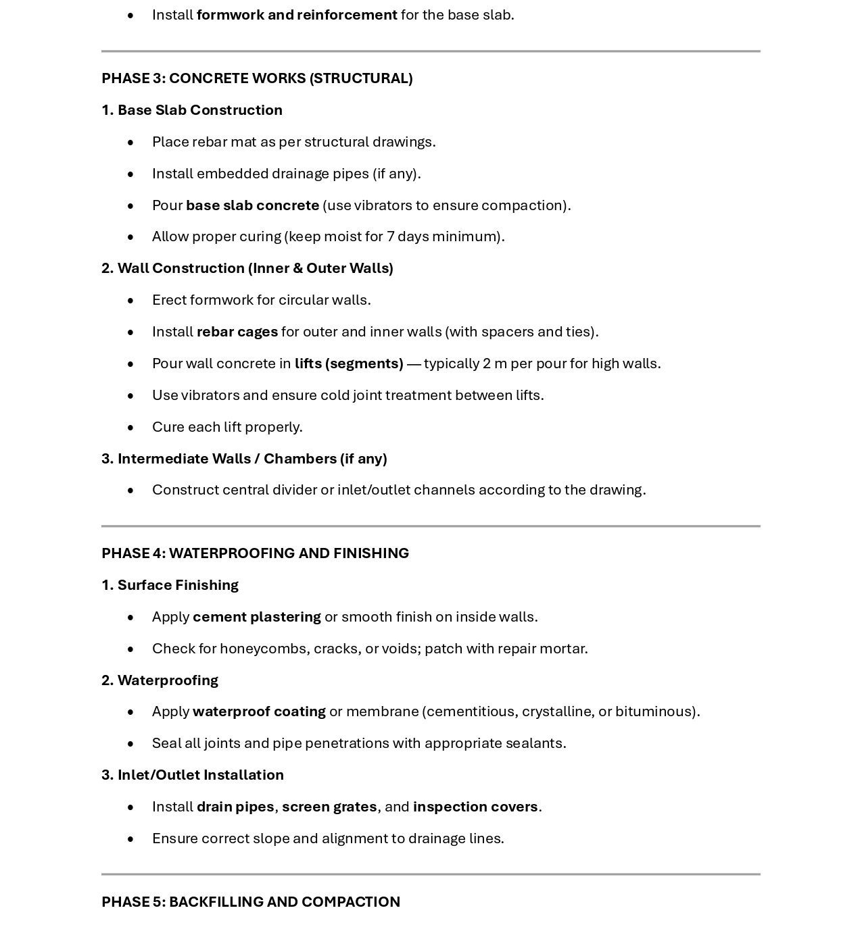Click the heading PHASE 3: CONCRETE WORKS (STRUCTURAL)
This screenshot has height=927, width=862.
pyautogui.click(x=257, y=78)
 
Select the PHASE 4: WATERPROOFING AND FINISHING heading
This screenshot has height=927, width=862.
pyautogui.click(x=255, y=553)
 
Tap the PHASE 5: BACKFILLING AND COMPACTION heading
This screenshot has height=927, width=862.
pyautogui.click(x=251, y=902)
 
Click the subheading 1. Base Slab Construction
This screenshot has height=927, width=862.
pyautogui.click(x=192, y=110)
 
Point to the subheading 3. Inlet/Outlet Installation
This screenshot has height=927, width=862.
pyautogui.click(x=193, y=775)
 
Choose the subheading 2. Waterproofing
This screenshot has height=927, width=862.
pyautogui.click(x=160, y=680)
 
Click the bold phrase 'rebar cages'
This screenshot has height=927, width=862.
pyautogui.click(x=237, y=332)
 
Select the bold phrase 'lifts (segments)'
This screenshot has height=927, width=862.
pyautogui.click(x=349, y=364)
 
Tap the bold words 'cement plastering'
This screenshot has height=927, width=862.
pyautogui.click(x=257, y=617)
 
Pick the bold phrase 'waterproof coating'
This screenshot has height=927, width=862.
pyautogui.click(x=259, y=711)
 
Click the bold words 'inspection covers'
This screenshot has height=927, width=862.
pyautogui.click(x=475, y=807)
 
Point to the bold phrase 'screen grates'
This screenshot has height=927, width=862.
pyautogui.click(x=329, y=807)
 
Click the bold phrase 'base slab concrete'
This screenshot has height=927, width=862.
pyautogui.click(x=252, y=205)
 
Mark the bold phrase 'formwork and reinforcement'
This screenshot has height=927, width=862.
pyautogui.click(x=297, y=15)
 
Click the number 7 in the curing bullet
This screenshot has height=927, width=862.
pyautogui.click(x=390, y=236)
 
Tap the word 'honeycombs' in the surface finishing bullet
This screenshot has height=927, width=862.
pyautogui.click(x=264, y=649)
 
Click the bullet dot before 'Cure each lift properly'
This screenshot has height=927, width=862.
pyautogui.click(x=130, y=428)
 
